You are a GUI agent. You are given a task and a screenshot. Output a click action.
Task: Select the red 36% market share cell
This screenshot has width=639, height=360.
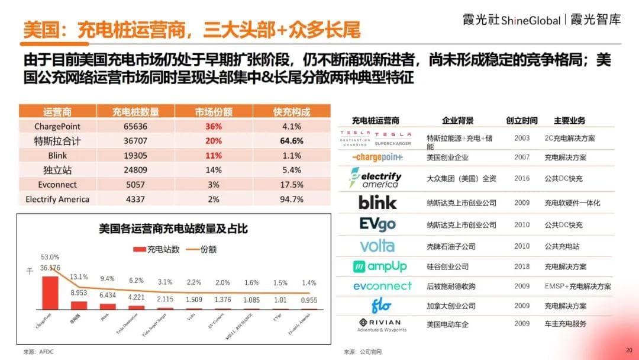point(213,126)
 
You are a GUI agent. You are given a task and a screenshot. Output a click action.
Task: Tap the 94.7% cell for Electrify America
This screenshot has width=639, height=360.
point(292,199)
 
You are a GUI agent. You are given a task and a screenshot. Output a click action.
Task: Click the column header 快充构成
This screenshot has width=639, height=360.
point(292,111)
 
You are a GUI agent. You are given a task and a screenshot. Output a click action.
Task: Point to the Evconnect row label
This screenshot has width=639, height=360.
point(57,185)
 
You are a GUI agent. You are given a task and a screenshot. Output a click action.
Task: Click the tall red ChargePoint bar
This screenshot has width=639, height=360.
point(50,292)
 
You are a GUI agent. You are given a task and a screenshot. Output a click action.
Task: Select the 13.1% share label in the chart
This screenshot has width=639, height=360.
point(79,277)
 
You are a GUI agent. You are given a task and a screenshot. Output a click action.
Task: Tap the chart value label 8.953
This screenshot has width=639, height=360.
point(79,292)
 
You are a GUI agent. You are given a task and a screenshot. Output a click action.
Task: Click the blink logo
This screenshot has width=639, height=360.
point(377,202)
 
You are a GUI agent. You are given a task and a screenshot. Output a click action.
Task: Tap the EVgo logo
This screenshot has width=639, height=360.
point(377,224)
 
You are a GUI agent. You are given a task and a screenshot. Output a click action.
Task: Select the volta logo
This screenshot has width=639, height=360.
point(377,246)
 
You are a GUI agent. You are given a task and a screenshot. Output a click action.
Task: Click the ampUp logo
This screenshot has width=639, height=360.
point(379,266)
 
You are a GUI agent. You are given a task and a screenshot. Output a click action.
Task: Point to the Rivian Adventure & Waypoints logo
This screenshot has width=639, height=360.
point(379,324)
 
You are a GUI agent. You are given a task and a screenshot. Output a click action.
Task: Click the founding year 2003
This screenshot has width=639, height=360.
point(522,138)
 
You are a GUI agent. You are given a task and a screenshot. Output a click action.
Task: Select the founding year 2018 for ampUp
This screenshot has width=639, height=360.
point(522,267)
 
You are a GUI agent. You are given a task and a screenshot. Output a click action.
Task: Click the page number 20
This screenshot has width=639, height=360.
point(629,349)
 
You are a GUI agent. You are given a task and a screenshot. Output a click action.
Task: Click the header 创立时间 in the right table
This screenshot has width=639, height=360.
point(522,121)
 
